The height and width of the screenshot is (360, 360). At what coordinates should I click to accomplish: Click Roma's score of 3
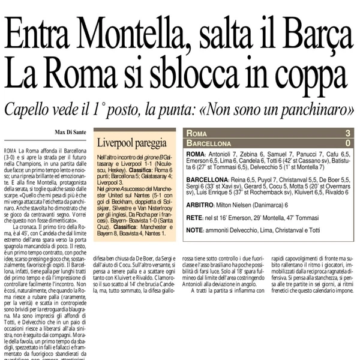pos(347,133)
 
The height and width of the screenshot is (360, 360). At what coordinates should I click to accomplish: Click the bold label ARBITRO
pos(200,204)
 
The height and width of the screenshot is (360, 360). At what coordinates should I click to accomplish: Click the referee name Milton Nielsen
pos(239,204)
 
